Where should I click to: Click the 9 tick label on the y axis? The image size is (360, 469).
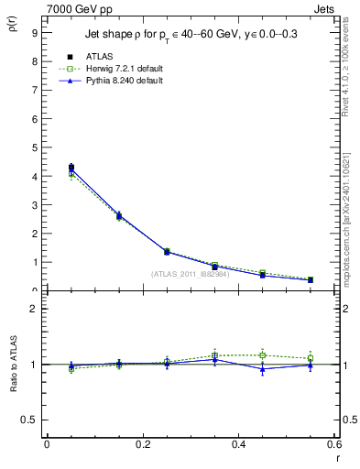tap(34, 32)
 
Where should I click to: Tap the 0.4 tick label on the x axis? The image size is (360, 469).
tap(238, 444)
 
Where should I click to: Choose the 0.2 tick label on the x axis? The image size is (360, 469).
tap(142, 444)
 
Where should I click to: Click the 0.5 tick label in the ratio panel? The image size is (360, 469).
tap(30, 420)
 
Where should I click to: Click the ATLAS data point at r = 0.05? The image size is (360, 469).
tap(71, 168)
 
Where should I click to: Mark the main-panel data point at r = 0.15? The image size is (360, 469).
tap(119, 216)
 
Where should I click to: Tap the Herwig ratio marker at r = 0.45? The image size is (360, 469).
tap(263, 354)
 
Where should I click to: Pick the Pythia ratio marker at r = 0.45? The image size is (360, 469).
tap(263, 368)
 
